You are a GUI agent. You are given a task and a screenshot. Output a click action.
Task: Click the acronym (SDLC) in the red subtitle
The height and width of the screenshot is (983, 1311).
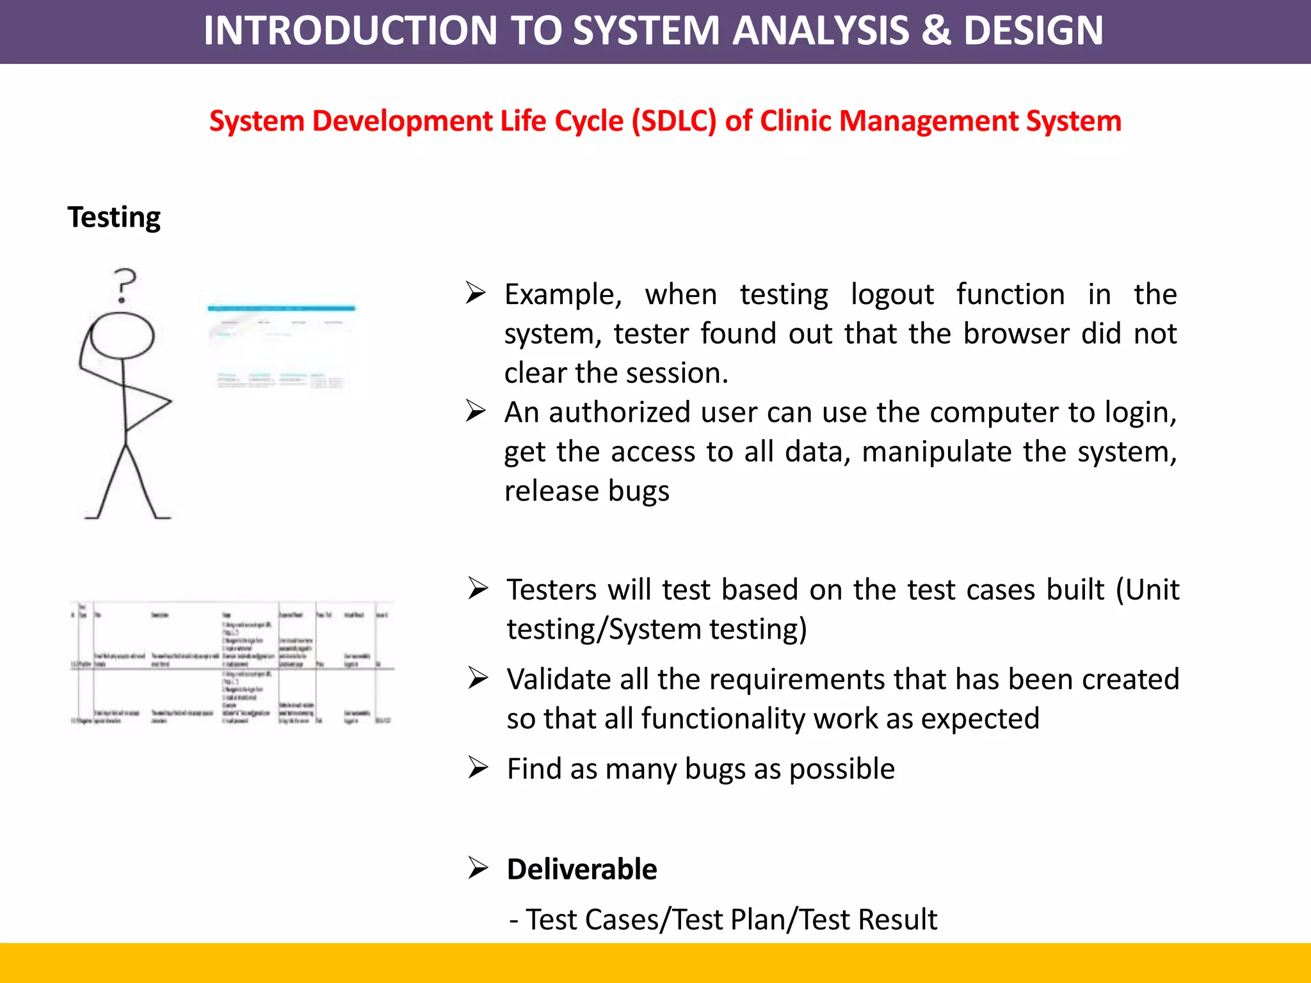[674, 121]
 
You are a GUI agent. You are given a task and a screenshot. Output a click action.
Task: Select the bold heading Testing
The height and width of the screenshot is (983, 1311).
[114, 217]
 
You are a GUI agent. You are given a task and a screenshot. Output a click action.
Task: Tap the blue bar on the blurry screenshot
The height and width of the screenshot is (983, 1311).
[281, 308]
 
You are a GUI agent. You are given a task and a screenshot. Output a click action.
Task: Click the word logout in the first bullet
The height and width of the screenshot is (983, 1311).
[892, 295]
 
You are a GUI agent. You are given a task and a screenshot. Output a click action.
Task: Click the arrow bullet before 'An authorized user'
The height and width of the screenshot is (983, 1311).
[476, 411]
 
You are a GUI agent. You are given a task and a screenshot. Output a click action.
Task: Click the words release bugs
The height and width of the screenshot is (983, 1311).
[586, 491]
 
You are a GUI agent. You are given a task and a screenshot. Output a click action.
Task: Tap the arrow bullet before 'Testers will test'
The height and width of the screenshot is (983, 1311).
[478, 588]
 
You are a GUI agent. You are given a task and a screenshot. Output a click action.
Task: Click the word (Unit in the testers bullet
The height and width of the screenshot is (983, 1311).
[1146, 590]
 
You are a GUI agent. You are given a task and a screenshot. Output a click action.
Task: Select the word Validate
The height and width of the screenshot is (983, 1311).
[556, 680]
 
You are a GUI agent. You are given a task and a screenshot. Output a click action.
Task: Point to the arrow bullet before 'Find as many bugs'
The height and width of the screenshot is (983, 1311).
[478, 767]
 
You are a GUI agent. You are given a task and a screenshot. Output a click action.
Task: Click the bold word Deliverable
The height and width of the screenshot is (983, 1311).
[581, 870]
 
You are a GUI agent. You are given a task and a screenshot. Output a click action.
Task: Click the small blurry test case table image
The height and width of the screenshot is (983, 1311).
[232, 663]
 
